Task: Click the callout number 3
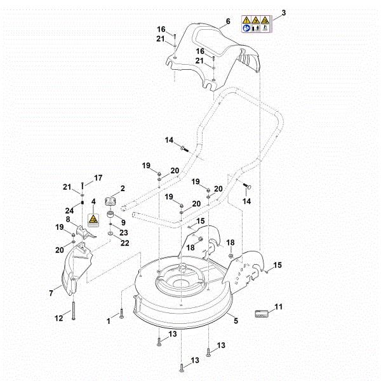pyautogui.click(x=283, y=13)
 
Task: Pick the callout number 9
pyautogui.click(x=123, y=222)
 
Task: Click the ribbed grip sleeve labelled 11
pyautogui.click(x=261, y=314)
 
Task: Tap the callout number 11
pyautogui.click(x=278, y=307)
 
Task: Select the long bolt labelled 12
pyautogui.click(x=74, y=309)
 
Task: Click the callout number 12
pyautogui.click(x=58, y=317)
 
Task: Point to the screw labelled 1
pyautogui.click(x=121, y=315)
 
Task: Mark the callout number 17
pyautogui.click(x=98, y=177)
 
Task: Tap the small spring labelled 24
pyautogui.click(x=83, y=203)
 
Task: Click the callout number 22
pyautogui.click(x=125, y=243)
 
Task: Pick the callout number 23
pyautogui.click(x=124, y=232)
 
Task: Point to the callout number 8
pyautogui.click(x=67, y=219)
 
